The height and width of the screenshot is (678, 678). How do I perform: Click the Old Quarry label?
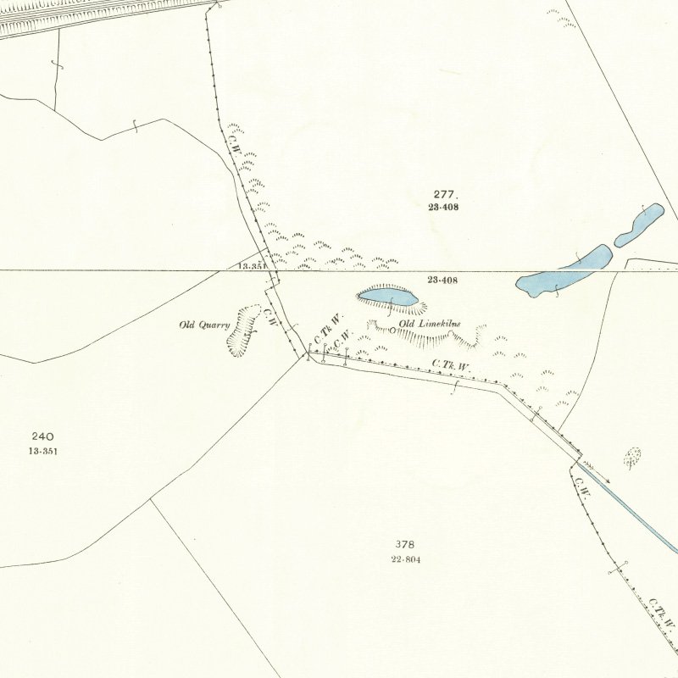tap(204, 325)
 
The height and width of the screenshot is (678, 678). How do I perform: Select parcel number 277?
tap(443, 195)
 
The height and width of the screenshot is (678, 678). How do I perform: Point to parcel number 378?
tap(404, 544)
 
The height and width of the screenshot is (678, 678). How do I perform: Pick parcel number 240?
tap(42, 436)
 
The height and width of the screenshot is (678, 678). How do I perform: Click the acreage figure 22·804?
tap(406, 559)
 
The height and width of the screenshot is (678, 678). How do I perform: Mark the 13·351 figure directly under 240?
tap(42, 451)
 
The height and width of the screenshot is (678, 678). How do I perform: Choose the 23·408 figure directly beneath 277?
tap(443, 207)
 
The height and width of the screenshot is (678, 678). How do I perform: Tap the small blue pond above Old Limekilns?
tap(387, 297)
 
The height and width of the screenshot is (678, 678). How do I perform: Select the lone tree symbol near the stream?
tap(632, 458)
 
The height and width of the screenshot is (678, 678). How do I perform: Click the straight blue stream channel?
tap(636, 508)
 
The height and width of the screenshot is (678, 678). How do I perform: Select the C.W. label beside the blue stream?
tap(581, 486)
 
